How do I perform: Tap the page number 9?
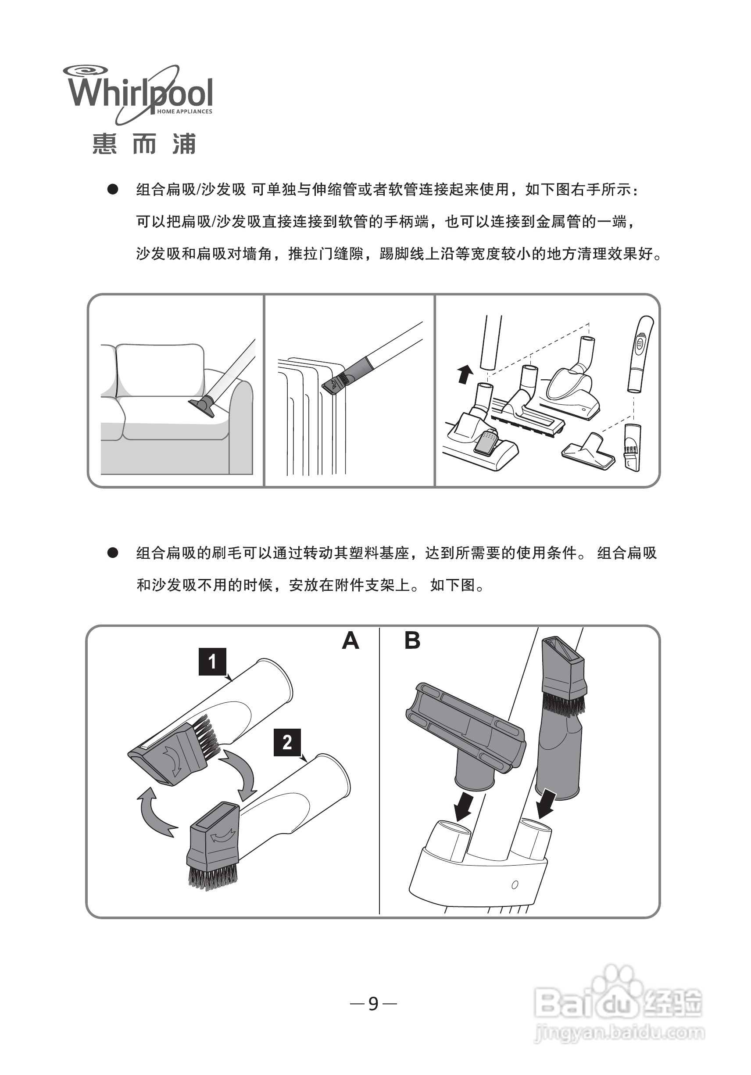(373, 1003)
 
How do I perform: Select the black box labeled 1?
(212, 662)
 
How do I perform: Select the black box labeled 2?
(287, 742)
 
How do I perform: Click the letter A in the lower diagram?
(350, 640)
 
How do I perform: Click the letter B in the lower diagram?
(412, 640)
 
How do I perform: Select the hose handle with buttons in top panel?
(639, 353)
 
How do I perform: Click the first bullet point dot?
(113, 190)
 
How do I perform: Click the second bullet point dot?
(113, 553)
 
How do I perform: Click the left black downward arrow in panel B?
(465, 805)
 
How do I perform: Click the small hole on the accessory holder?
(515, 885)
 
